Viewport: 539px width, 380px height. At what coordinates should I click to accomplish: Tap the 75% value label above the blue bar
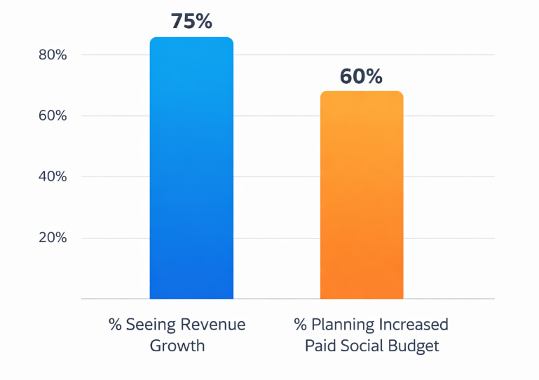coord(191,21)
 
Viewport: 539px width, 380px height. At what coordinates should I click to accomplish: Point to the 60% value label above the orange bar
coord(362,76)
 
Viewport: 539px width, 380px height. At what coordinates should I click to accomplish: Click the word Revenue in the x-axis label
coord(213,325)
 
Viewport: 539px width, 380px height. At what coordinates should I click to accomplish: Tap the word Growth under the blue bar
coord(177,346)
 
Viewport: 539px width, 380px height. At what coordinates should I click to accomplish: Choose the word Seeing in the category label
coord(150,325)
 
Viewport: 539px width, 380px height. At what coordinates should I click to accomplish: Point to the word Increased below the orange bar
coord(413,325)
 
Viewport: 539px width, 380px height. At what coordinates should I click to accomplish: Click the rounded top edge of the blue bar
coord(191,38)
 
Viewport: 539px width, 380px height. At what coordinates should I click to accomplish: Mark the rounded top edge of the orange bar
coord(362,92)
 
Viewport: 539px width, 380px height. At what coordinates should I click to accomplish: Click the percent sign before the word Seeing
coord(115,325)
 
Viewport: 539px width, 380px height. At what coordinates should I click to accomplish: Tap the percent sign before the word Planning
coord(301,325)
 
